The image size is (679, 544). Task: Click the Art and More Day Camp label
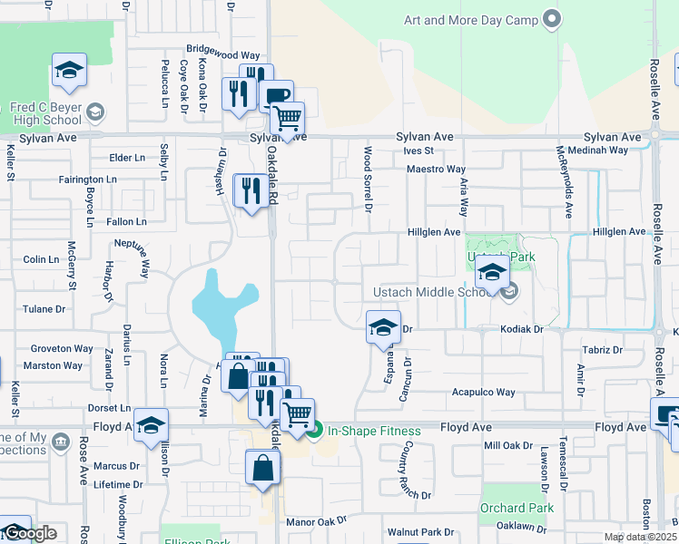pos(470,19)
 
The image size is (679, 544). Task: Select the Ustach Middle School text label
pos(433,292)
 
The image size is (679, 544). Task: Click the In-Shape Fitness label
pos(374,432)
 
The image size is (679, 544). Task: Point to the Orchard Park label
pos(517,508)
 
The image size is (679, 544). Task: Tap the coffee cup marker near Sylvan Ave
pos(277,96)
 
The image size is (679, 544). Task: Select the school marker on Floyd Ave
pos(152,424)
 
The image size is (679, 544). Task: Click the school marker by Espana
pos(383,326)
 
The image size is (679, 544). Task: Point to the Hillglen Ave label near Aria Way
pos(433,232)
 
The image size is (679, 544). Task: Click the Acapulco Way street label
pos(483,393)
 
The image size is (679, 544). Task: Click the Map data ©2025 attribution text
pos(640,537)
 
